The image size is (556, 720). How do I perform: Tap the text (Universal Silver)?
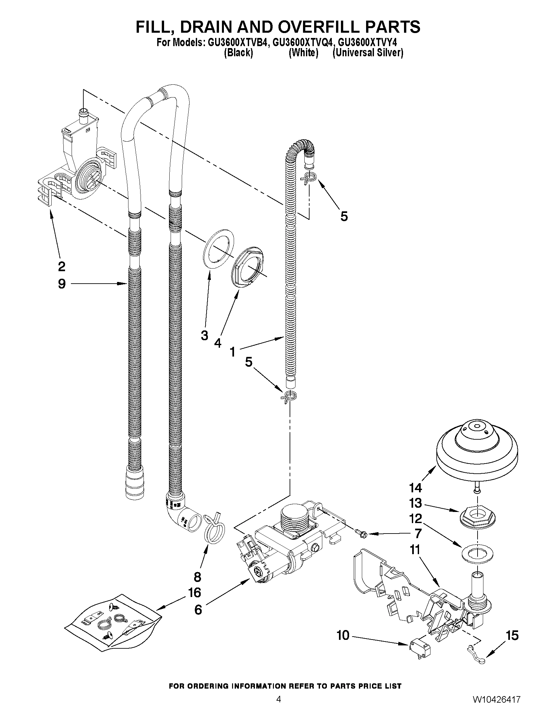(x=368, y=53)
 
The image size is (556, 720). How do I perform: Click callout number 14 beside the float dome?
(x=415, y=488)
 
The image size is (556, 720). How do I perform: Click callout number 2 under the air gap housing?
(x=61, y=266)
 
